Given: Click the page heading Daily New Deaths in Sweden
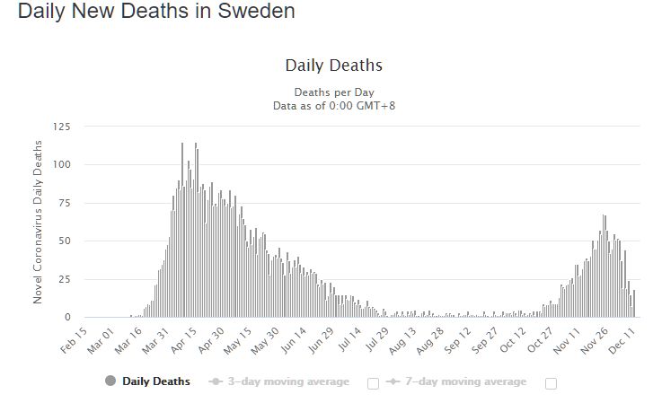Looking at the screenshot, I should pyautogui.click(x=156, y=13).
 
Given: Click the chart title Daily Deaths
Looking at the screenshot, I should pyautogui.click(x=333, y=66).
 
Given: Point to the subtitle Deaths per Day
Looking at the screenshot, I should pyautogui.click(x=333, y=92).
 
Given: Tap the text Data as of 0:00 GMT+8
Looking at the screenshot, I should pyautogui.click(x=333, y=105).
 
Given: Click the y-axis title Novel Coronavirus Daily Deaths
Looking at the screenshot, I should pyautogui.click(x=38, y=222).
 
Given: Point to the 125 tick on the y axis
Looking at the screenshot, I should pyautogui.click(x=60, y=127).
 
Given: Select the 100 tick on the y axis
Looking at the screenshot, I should pyautogui.click(x=60, y=165).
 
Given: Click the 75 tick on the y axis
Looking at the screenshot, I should pyautogui.click(x=63, y=203).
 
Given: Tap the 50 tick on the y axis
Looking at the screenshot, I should pyautogui.click(x=63, y=241).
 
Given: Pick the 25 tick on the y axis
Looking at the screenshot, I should pyautogui.click(x=63, y=279).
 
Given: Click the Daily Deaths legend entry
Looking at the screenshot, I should pyautogui.click(x=155, y=381).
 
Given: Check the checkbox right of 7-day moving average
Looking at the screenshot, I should pyautogui.click(x=551, y=383).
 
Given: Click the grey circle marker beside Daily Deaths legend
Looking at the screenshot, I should pyautogui.click(x=110, y=381).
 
